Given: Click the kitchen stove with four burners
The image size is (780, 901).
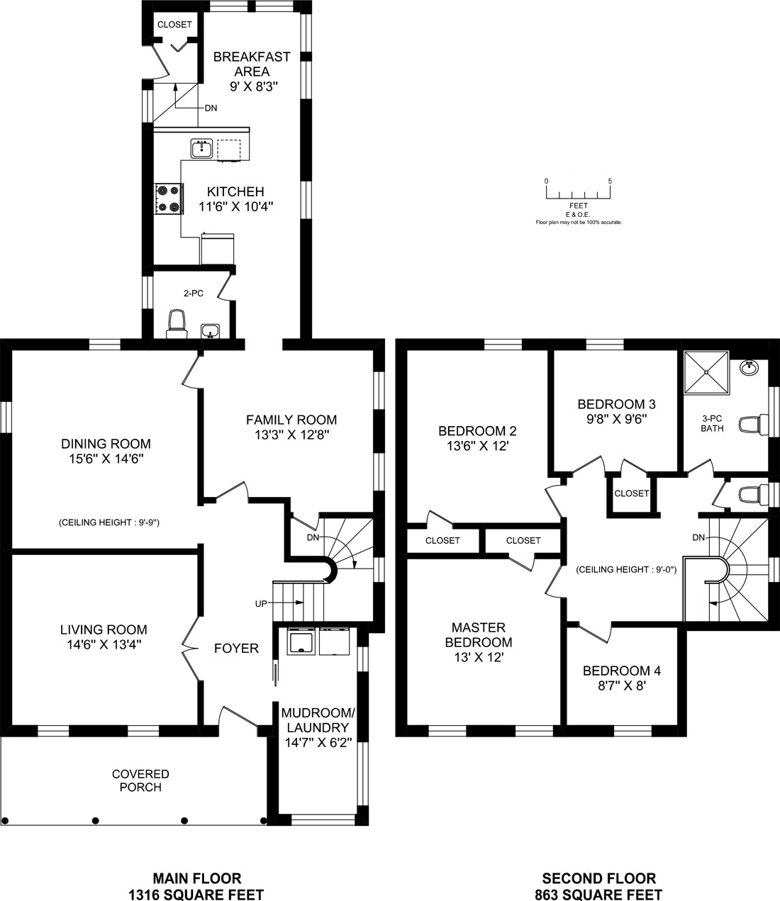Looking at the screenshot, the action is click(169, 198).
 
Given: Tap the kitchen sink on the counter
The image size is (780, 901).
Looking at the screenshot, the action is click(201, 148).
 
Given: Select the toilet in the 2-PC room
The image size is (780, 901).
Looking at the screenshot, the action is click(177, 324).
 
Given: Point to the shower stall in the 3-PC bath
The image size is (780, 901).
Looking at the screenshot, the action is click(706, 373).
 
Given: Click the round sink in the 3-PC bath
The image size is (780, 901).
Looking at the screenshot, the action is click(750, 367).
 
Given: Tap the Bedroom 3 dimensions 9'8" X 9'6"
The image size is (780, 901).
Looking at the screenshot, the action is click(616, 419).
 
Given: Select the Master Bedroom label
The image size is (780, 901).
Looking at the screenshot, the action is click(479, 634).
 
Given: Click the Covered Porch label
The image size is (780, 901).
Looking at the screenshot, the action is click(140, 780).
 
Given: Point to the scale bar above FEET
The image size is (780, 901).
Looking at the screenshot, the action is click(578, 192).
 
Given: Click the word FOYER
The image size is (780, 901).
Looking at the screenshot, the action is click(236, 648).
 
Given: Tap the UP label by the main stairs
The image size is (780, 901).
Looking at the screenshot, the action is click(261, 604).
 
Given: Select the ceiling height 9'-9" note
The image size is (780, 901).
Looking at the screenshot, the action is click(109, 522).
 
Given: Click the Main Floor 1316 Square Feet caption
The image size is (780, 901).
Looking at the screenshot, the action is click(196, 886).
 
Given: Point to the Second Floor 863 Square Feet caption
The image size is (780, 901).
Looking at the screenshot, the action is click(598, 886).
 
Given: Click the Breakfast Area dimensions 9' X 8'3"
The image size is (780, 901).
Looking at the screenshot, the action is click(254, 86).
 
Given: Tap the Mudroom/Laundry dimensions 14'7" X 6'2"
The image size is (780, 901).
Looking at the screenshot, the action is click(318, 742).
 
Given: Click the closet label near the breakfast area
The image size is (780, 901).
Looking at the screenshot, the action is click(174, 25).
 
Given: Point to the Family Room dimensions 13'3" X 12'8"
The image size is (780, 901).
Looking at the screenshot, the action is click(291, 434).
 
